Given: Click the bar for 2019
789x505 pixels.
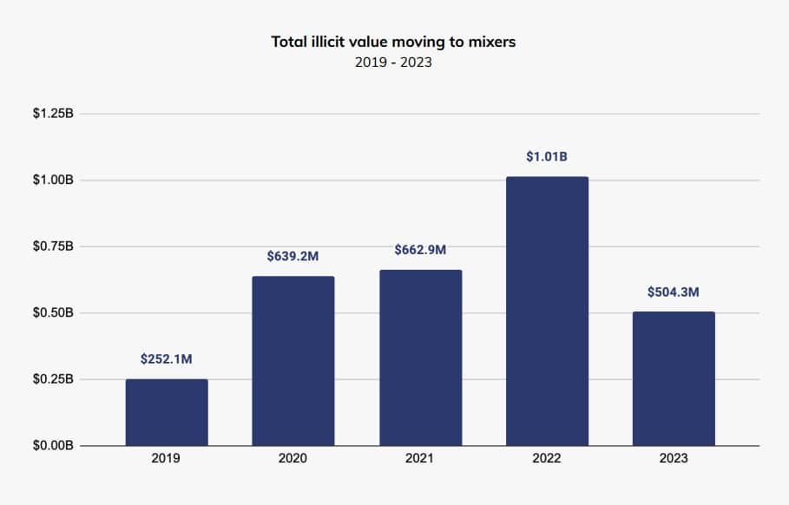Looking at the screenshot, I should point(167,412).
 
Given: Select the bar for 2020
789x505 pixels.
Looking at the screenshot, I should point(293,361).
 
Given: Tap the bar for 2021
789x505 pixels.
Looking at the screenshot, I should point(420,357).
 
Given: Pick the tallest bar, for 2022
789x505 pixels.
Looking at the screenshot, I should point(547,312).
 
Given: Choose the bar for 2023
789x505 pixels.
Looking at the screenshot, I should point(674,378).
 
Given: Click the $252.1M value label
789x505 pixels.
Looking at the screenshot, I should point(167,358).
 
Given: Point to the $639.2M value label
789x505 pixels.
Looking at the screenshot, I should point(293,256).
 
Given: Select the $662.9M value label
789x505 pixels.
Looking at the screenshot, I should point(420,250).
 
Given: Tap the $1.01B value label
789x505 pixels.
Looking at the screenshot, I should point(547,157).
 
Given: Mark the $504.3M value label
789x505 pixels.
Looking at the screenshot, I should point(674,292).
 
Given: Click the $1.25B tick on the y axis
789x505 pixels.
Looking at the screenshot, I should point(53,114).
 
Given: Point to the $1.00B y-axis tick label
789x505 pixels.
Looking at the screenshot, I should point(53,180).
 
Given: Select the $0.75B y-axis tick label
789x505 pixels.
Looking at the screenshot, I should point(53,246).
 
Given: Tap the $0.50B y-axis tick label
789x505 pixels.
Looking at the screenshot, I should point(53,312).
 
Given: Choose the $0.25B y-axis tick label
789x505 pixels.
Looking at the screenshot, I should point(53,379).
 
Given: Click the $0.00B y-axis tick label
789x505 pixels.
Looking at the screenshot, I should point(53,445).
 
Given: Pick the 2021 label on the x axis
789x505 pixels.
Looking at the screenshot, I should point(420,457).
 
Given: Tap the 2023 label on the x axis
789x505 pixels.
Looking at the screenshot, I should point(674,457).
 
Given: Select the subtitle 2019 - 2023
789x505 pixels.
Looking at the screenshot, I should point(393,62).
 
